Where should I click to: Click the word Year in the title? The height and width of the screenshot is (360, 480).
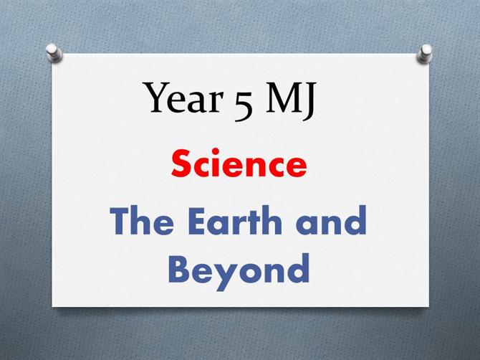click(x=183, y=98)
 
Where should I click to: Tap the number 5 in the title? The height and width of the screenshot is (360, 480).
click(x=244, y=103)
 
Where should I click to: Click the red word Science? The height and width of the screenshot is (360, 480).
click(x=239, y=164)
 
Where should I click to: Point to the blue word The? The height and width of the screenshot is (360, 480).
click(x=142, y=220)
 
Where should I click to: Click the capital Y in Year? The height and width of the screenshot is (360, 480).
click(x=157, y=98)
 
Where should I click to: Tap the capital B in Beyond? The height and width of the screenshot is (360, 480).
click(x=180, y=268)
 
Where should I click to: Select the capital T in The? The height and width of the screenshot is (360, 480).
click(x=121, y=221)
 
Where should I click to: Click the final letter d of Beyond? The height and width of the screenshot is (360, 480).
click(x=297, y=268)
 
